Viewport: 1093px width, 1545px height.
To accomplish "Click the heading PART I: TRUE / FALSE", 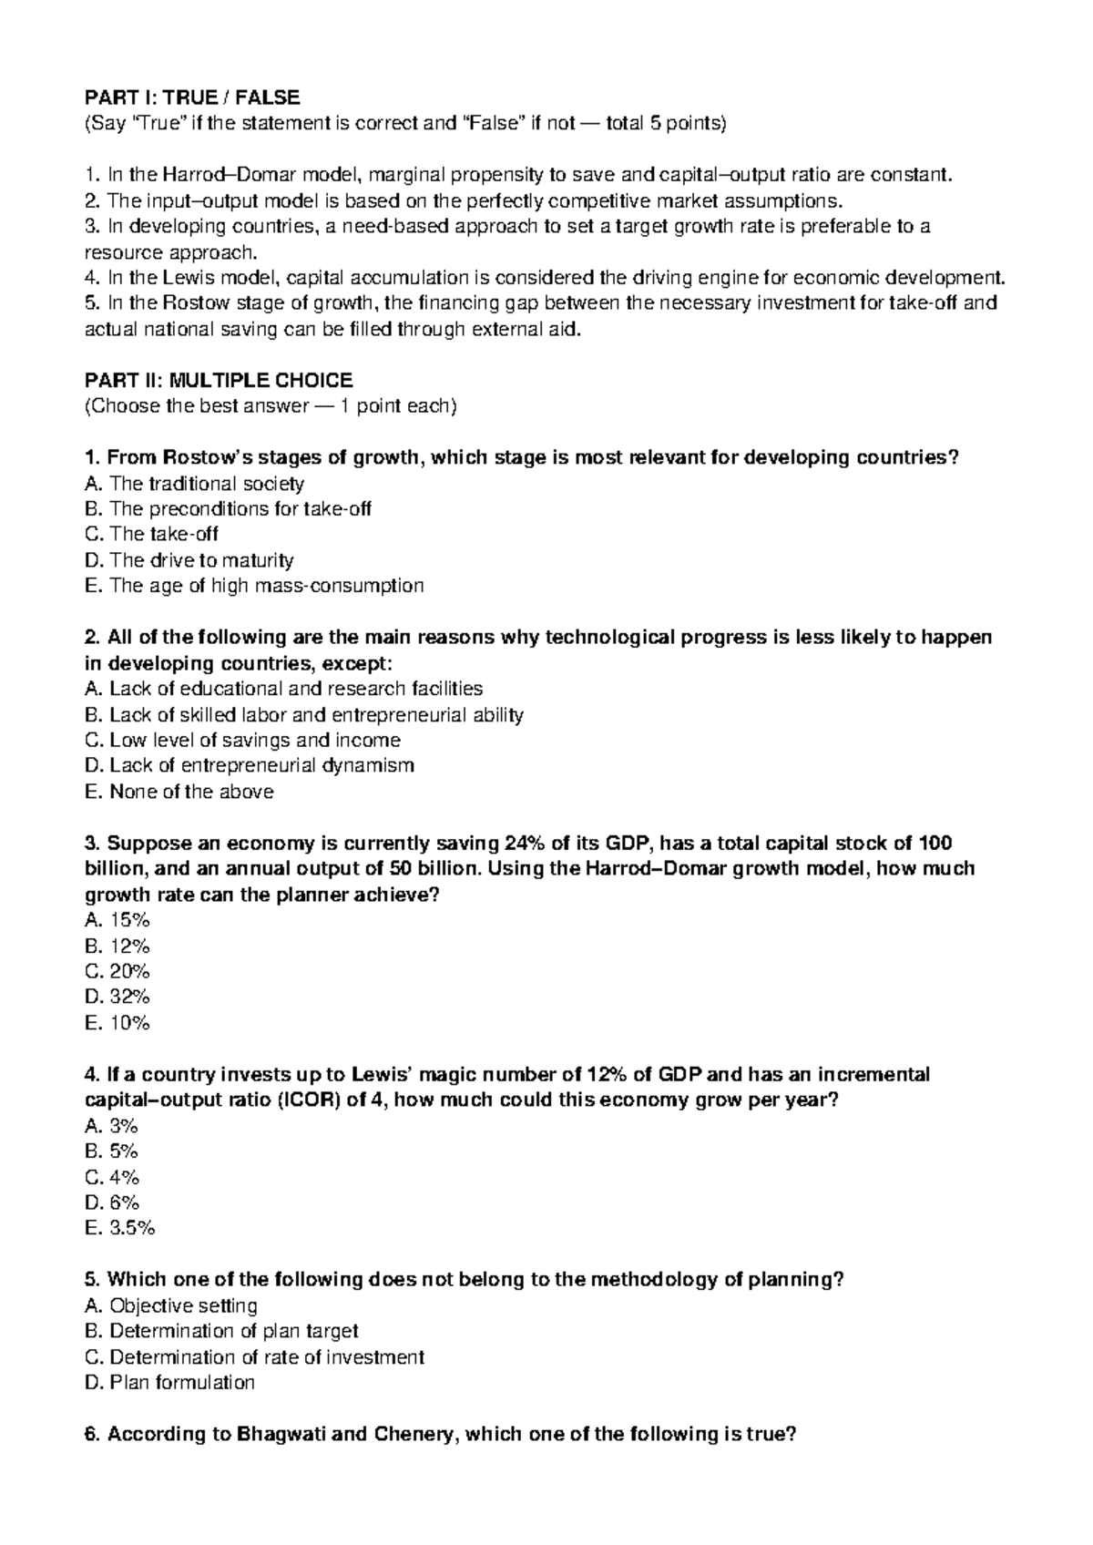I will coord(191,97).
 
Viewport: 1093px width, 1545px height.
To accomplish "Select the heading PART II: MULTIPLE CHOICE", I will coord(218,380).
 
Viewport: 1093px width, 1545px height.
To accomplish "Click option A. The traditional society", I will coord(194,484).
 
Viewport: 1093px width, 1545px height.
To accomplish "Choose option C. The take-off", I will coord(151,535).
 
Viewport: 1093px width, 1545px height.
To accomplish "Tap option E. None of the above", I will coord(179,792).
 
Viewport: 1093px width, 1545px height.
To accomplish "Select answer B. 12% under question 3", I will coord(117,946).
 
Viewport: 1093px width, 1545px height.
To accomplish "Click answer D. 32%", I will coord(117,998).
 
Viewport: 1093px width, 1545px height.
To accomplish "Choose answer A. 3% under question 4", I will coord(111,1126).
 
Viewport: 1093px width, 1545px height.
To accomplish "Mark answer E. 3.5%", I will coord(119,1228).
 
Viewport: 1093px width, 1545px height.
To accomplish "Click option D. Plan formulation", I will coord(169,1383).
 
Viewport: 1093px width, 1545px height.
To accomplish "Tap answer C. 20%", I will coord(117,972).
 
